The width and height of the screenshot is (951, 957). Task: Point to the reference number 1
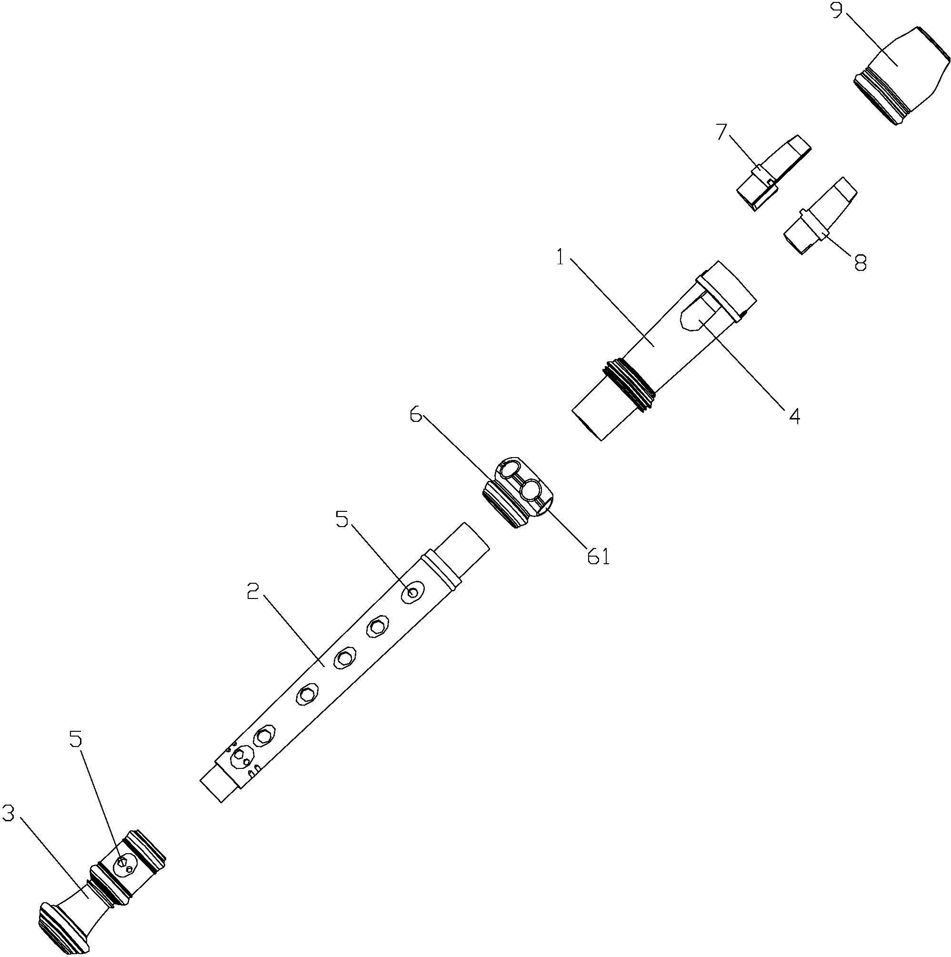click(560, 258)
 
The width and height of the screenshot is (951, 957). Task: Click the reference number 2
click(253, 591)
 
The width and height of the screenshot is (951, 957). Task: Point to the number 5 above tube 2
click(342, 519)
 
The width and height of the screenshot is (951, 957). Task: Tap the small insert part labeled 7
click(773, 172)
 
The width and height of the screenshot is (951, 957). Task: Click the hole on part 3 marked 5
click(124, 866)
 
